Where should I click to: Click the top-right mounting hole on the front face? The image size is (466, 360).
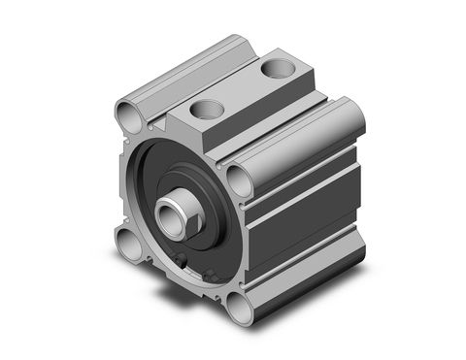coord(238,176)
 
